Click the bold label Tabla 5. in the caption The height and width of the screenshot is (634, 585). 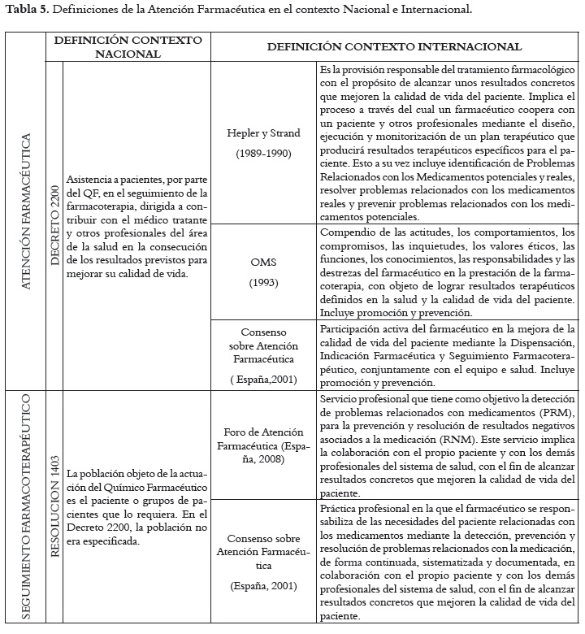click(25, 11)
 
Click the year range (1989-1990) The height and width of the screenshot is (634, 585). click(264, 154)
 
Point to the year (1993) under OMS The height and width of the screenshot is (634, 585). click(264, 283)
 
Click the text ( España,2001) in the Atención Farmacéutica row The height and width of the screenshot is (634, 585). click(264, 380)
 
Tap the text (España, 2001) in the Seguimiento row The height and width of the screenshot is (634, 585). click(264, 585)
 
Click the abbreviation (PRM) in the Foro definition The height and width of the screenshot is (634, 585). click(553, 413)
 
